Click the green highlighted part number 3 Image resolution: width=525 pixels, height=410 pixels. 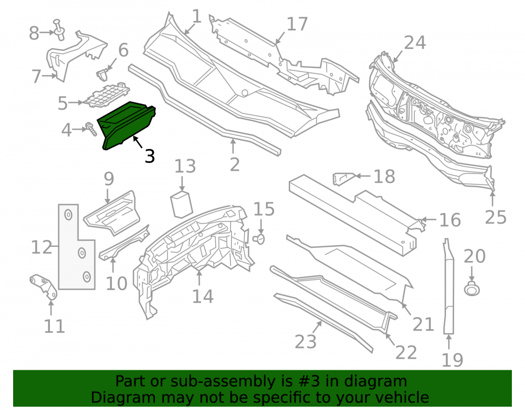pyautogui.click(x=127, y=125)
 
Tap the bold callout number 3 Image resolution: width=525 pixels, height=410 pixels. pyautogui.click(x=150, y=156)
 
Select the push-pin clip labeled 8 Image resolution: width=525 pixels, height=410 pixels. pyautogui.click(x=59, y=29)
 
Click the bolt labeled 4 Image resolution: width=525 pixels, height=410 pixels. pyautogui.click(x=91, y=129)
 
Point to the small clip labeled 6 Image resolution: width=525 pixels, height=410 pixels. pyautogui.click(x=102, y=75)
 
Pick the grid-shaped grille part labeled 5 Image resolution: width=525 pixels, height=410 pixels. pyautogui.click(x=107, y=96)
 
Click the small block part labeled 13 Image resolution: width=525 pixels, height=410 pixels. pyautogui.click(x=182, y=204)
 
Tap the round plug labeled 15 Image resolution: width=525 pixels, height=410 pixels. pyautogui.click(x=259, y=239)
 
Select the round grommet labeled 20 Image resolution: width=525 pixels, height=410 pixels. pyautogui.click(x=472, y=288)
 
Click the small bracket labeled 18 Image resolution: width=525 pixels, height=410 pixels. pyautogui.click(x=342, y=178)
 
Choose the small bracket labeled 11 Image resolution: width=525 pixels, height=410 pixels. pyautogui.click(x=44, y=286)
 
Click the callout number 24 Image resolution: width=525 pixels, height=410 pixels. pyautogui.click(x=415, y=43)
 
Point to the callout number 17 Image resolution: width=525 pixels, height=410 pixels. pyautogui.click(x=297, y=24)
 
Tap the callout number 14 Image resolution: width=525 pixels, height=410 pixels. pyautogui.click(x=203, y=296)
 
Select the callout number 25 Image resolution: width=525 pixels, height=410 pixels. pyautogui.click(x=496, y=217)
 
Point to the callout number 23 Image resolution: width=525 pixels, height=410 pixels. pyautogui.click(x=306, y=341)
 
